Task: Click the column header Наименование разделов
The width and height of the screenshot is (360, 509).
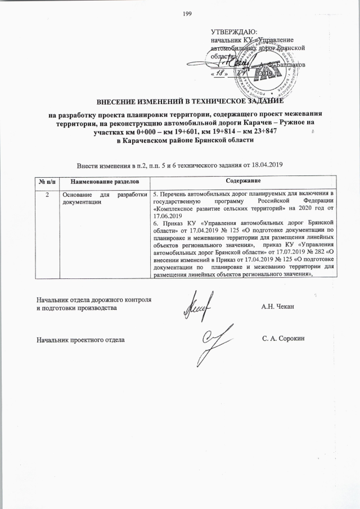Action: coord(104,182)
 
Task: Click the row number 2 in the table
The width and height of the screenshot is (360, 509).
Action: coord(47,194)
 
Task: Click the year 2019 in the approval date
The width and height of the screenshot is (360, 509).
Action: coord(264,74)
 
